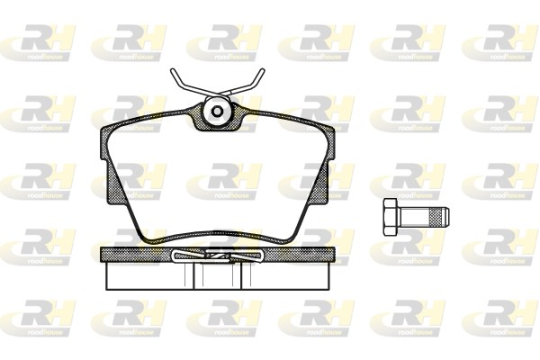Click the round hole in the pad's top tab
pyautogui.click(x=217, y=113)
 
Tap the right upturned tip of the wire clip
pyautogui.click(x=262, y=74)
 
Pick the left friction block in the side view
pyautogui.click(x=148, y=275)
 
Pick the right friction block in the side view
pyautogui.click(x=283, y=275)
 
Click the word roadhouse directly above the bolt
pyautogui.click(x=409, y=194)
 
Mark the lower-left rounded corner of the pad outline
pyautogui.click(x=144, y=231)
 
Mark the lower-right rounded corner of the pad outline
pyautogui.click(x=290, y=231)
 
